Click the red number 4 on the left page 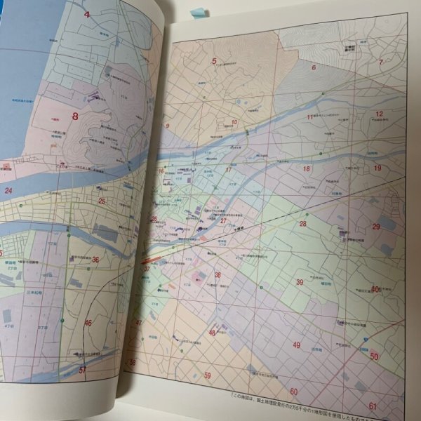88,15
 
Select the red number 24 8,190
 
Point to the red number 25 102,201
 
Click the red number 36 95,260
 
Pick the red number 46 88,323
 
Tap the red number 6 314,68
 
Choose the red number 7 381,62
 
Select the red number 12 378,114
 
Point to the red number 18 306,169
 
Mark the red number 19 377,168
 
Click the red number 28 303,224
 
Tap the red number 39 300,282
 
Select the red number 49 297,345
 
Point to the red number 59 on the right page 208,375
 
